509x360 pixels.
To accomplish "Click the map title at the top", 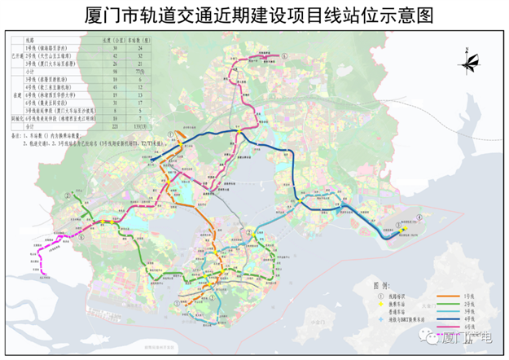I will [x=254, y=15].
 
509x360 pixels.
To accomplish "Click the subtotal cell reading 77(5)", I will [x=142, y=71].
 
